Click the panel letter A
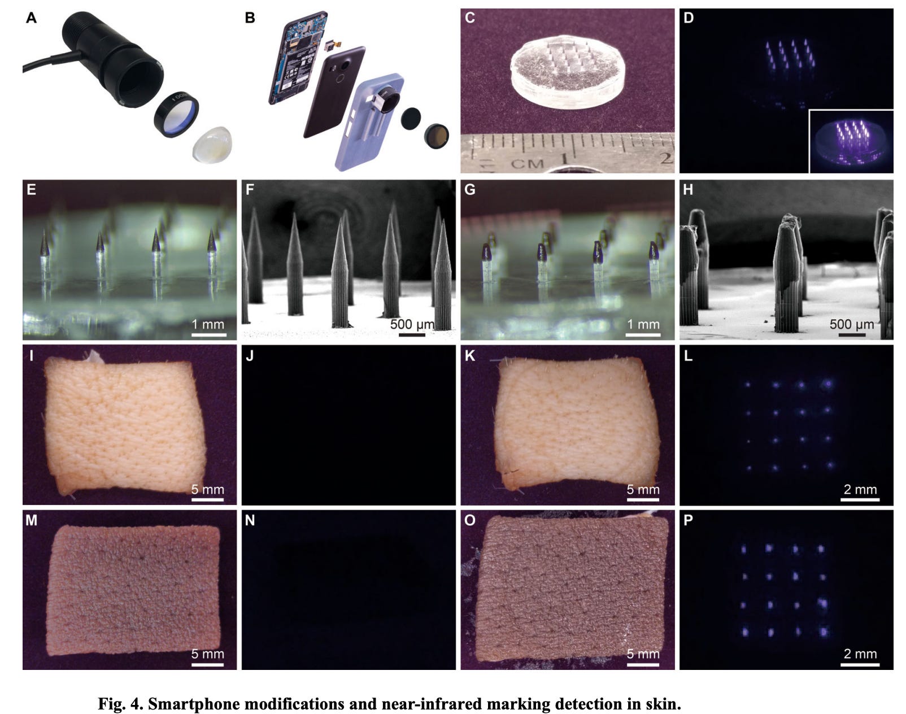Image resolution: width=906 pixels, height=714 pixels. coord(31,18)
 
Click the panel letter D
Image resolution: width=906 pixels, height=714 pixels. coord(689,18)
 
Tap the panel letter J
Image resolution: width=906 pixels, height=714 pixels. coord(250,356)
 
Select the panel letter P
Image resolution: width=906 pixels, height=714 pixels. coord(688,520)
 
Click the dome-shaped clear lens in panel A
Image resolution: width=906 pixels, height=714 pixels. coord(212,144)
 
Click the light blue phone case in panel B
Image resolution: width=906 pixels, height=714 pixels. coord(369,121)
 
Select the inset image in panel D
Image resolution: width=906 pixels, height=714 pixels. coord(851,141)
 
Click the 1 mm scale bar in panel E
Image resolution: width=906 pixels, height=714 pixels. coord(209,335)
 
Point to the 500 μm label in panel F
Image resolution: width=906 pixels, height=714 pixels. coord(412,324)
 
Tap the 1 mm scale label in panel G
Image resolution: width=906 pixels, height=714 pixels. coord(643,324)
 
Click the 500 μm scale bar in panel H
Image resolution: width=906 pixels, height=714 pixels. coord(851,335)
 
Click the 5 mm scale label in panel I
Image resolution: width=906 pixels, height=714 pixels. coord(207,489)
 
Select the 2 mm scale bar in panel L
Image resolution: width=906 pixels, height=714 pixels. coord(860,500)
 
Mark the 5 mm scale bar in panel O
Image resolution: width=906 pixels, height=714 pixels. coord(643,664)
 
